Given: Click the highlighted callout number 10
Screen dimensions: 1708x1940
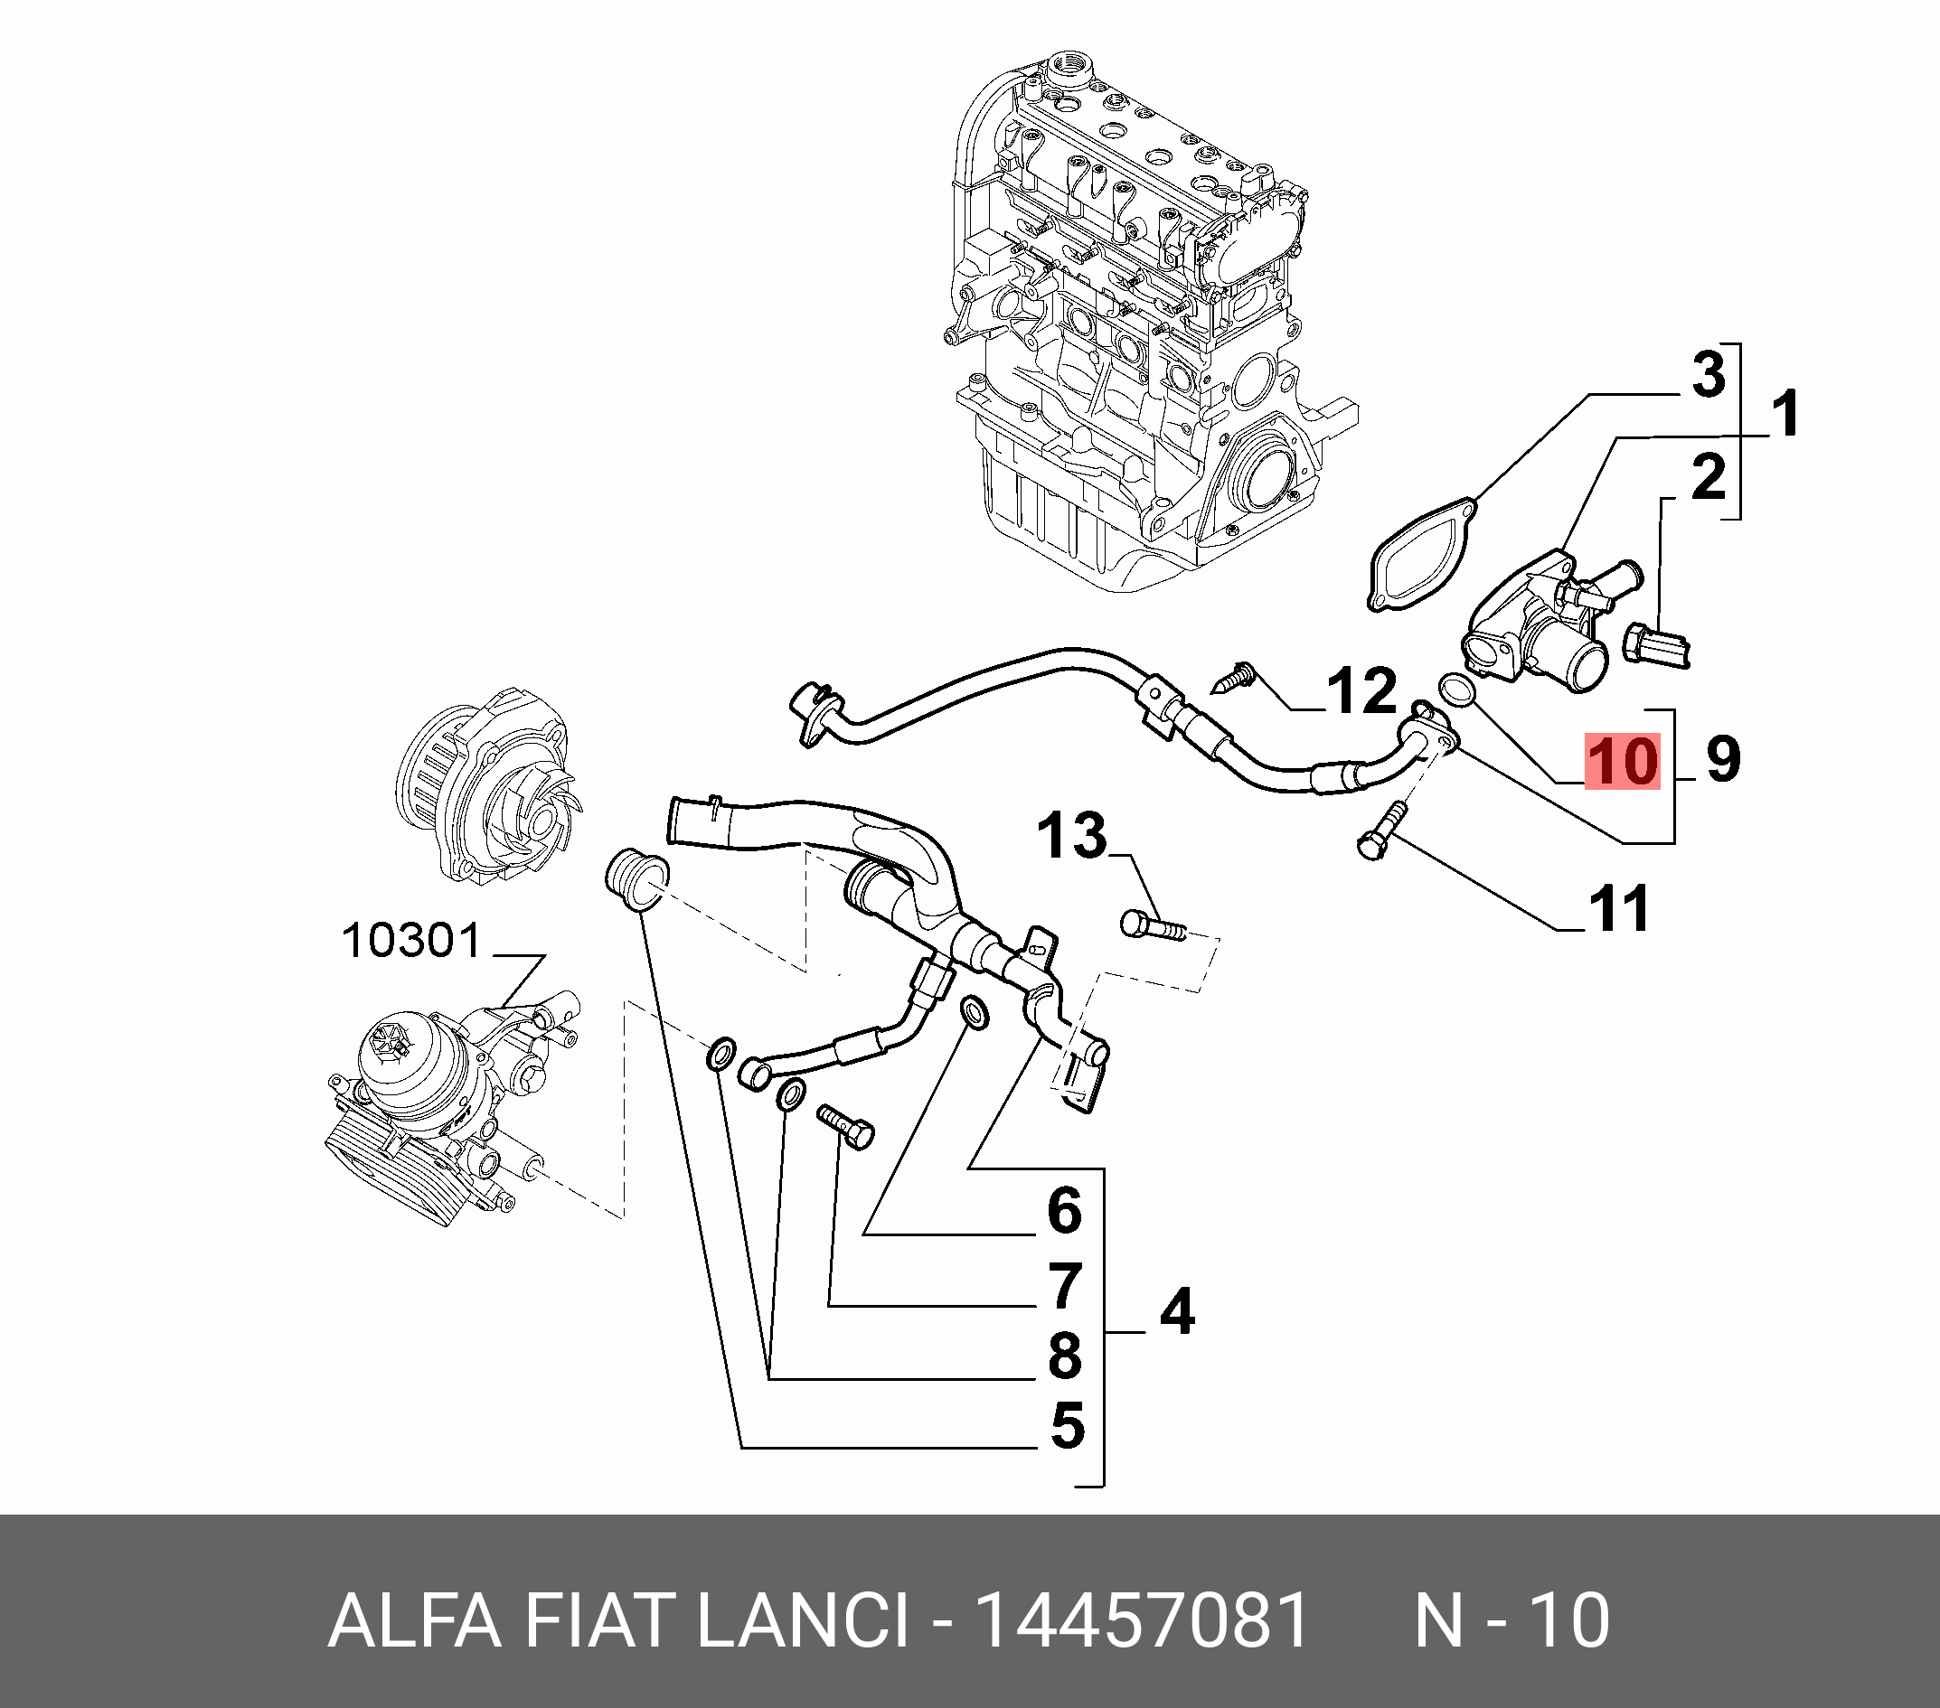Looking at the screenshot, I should coord(1622,760).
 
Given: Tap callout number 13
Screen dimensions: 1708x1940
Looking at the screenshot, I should coord(1071,836).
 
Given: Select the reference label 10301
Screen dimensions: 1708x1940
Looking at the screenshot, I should coord(411,942).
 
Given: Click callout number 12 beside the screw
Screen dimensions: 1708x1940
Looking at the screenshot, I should coord(1362,690).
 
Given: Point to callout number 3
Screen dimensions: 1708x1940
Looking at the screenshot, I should coord(1709,376).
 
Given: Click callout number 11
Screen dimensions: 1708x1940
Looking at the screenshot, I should coord(1619,908).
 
